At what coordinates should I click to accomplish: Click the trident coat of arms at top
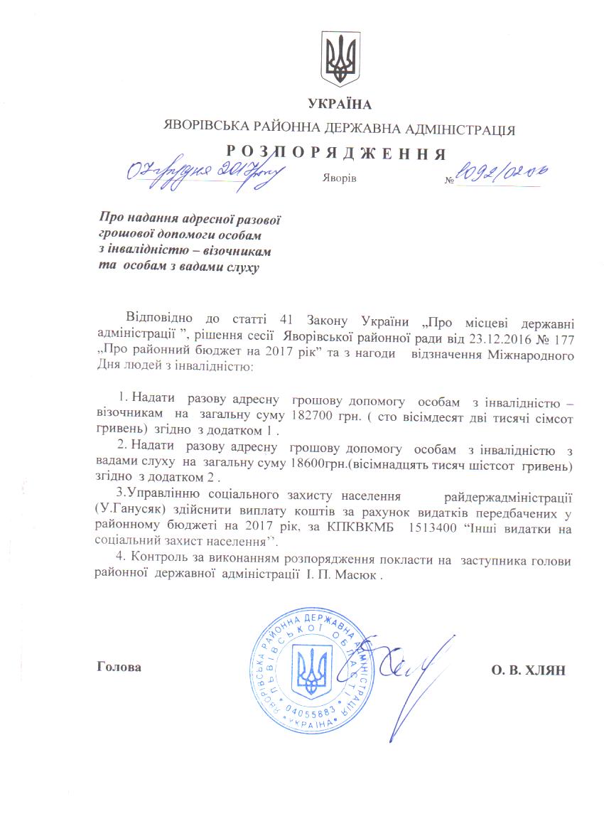[x=340, y=58]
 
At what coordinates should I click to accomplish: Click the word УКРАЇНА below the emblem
[x=340, y=105]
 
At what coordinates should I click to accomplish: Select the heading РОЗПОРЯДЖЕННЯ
[x=339, y=153]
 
